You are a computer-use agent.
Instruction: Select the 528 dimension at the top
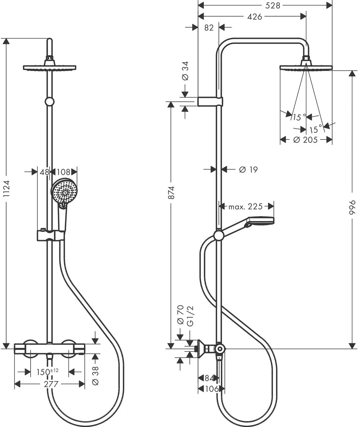click(x=273, y=6)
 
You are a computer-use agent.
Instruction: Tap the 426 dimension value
click(x=255, y=16)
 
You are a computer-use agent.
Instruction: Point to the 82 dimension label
click(x=209, y=28)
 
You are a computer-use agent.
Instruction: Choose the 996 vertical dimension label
click(x=352, y=208)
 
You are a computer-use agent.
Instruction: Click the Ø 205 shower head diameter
click(x=305, y=140)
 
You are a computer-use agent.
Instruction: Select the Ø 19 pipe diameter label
click(x=248, y=169)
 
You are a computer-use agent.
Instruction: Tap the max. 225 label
click(x=246, y=206)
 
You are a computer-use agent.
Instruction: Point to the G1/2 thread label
click(x=190, y=316)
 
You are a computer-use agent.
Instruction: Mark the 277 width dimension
click(x=51, y=384)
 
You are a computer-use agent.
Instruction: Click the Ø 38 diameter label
click(x=95, y=375)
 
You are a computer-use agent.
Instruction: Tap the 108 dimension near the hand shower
click(x=64, y=171)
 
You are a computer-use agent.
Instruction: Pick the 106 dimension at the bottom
click(x=212, y=389)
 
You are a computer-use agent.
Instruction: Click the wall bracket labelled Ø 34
click(x=210, y=101)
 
